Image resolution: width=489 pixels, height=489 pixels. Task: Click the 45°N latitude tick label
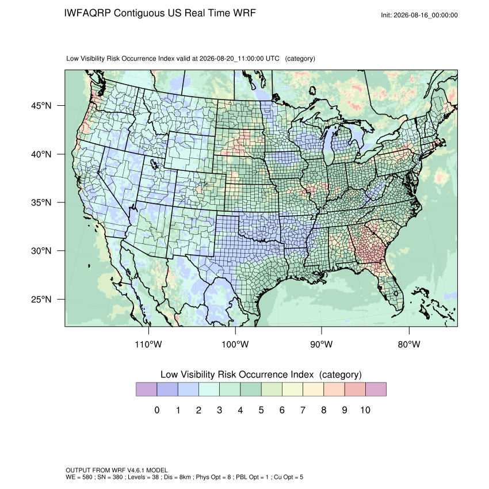(x=41, y=106)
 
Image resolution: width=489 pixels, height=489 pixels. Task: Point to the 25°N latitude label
(x=41, y=299)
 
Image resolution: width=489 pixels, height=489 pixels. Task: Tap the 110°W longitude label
(x=148, y=344)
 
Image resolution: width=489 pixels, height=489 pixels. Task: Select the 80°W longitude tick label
(x=409, y=344)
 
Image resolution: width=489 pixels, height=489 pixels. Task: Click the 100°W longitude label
(x=235, y=344)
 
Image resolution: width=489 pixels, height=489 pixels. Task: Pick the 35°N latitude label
(x=41, y=203)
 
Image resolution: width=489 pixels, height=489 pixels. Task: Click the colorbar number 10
(x=365, y=410)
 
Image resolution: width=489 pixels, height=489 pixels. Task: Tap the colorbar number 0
(x=157, y=410)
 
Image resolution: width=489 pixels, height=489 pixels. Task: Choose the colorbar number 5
(x=261, y=410)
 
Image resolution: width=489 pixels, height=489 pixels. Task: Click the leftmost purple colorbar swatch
(x=146, y=389)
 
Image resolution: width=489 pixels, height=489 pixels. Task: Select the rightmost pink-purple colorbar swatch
(x=376, y=389)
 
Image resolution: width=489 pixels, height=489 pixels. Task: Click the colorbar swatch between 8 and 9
(x=334, y=389)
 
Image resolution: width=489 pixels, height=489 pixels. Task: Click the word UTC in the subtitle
(x=272, y=59)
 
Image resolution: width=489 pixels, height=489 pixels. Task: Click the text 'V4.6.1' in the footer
(x=136, y=470)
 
